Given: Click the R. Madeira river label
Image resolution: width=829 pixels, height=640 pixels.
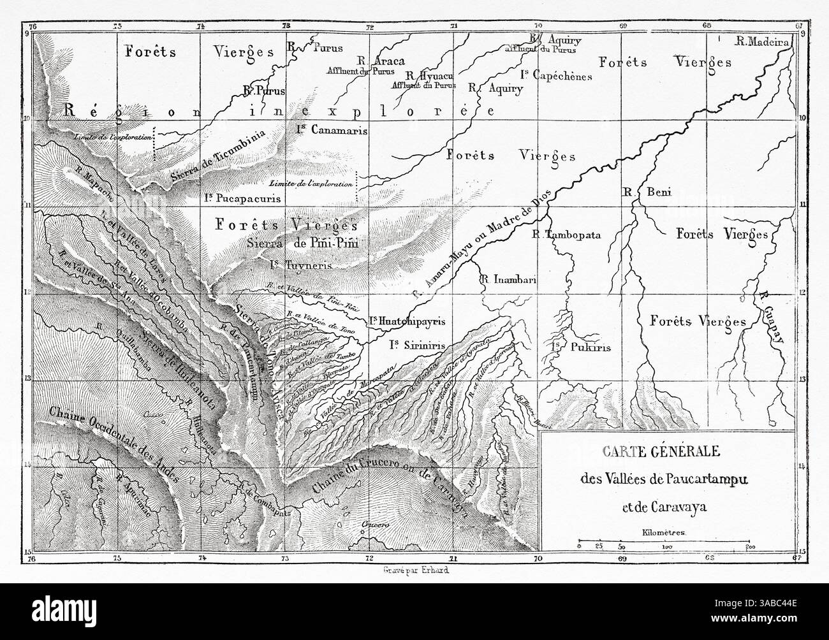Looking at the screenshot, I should click(763, 41).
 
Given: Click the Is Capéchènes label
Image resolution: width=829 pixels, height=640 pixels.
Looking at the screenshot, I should click(565, 76).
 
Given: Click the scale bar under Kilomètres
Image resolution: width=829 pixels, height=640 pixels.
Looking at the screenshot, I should click(663, 544).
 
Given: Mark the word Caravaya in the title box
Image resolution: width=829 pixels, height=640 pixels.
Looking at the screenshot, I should click(684, 508).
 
